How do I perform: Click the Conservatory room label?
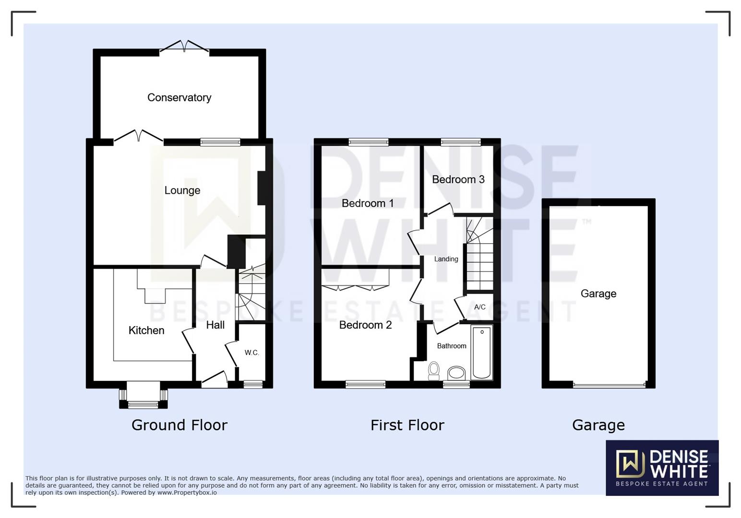coord(179,97)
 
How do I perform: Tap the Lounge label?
coord(182,190)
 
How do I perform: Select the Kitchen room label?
coord(146,330)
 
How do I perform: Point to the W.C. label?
coord(251,353)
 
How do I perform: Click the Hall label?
coord(215,325)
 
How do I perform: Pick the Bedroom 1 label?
coord(368,203)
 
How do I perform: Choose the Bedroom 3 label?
coord(458,179)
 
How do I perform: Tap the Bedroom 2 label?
coord(365,325)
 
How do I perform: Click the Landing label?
coord(446,259)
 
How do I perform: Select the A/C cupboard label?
coord(479,307)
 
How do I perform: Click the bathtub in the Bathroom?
coord(482,353)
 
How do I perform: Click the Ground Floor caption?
coord(179,425)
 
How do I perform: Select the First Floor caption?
coord(407,425)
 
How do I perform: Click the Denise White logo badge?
coord(662,467)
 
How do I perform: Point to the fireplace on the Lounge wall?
coord(262,188)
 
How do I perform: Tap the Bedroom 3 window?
coord(461,141)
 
